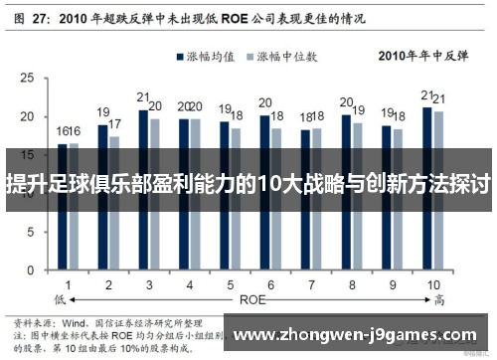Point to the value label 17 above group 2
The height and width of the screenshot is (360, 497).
[x=115, y=124]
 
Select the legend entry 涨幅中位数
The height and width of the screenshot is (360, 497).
[x=294, y=56]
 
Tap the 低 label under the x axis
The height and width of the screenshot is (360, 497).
[x=60, y=297]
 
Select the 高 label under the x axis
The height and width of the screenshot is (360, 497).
[x=438, y=297]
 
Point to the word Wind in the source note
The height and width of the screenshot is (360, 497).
[x=79, y=323]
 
